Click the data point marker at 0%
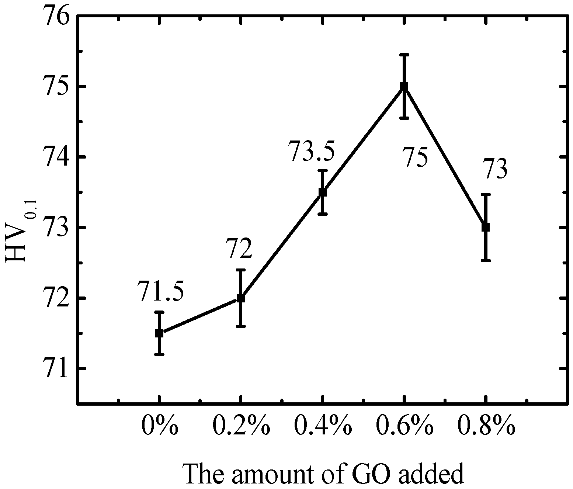(159, 333)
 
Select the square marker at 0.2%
(241, 298)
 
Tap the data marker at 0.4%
(323, 192)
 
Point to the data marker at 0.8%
(486, 227)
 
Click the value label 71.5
(160, 291)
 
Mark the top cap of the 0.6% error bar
(404, 55)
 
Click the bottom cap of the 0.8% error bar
(486, 260)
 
